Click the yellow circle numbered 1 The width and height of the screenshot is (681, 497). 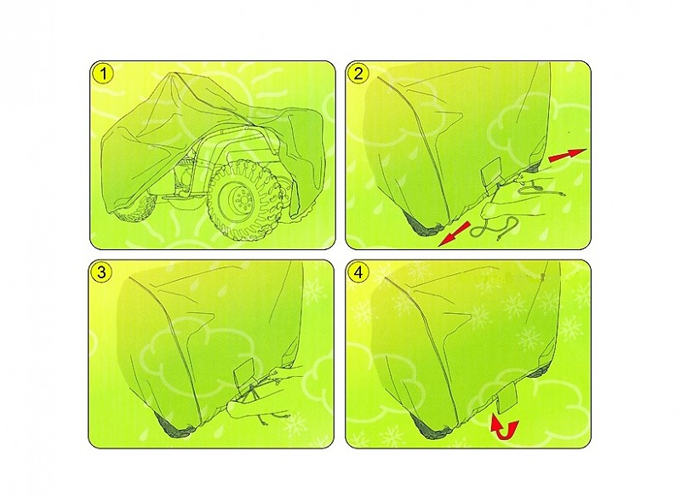[103, 74]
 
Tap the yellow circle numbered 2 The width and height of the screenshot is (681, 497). [358, 73]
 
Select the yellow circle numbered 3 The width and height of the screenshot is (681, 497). [101, 272]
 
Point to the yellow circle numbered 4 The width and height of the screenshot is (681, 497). [358, 272]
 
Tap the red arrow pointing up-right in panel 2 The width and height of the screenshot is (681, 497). [567, 155]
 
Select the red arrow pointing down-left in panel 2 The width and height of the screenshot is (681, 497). [455, 234]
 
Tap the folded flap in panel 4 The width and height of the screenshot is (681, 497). [506, 398]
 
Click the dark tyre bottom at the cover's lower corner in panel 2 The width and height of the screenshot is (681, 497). [422, 224]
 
